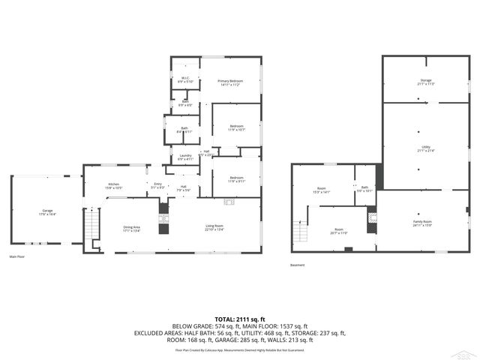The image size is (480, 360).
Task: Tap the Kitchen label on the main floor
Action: click(114, 184)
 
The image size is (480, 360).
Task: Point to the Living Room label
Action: click(214, 228)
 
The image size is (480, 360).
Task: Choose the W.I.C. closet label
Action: click(184, 79)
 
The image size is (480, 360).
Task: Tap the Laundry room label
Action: click(185, 157)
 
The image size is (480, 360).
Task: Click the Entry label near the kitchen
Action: click(157, 184)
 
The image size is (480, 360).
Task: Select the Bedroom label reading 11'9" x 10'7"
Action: click(236, 127)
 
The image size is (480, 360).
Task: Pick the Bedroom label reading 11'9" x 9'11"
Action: click(236, 180)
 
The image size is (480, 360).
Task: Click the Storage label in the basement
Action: click(426, 82)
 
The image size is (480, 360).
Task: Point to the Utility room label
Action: click(426, 149)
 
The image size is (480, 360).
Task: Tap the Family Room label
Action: click(422, 223)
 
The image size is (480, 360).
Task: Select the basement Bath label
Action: click(364, 189)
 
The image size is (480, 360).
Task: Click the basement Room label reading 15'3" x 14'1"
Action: click(322, 189)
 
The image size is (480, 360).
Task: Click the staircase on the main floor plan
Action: click(91, 224)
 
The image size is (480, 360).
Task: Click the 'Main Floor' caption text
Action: click(16, 256)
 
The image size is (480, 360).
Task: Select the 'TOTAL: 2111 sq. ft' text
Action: click(239, 319)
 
